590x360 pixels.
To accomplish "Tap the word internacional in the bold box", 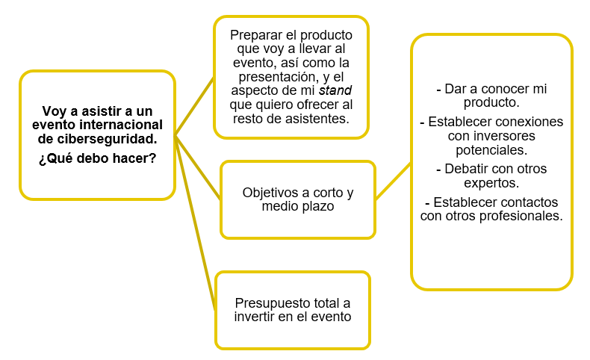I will coord(123,124).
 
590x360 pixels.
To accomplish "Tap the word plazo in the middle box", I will coord(318,206).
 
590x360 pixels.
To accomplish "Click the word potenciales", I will coord(491,149).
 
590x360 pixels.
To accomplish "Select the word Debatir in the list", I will coord(465,169).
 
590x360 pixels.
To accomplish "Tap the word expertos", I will coord(491,182).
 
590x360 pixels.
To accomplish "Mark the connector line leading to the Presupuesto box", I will coord(195,224).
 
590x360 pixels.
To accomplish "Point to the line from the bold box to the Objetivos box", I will coord(198,167).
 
